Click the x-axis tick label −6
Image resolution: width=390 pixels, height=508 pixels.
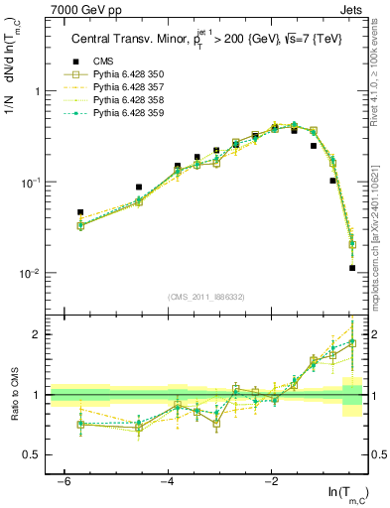tap(64, 481)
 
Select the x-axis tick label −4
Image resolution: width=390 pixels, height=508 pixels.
tap(168, 481)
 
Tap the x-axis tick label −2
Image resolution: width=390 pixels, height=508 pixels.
tap(272, 481)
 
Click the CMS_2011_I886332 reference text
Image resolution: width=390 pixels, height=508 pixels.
tap(208, 297)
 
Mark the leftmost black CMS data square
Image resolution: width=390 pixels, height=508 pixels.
tap(80, 212)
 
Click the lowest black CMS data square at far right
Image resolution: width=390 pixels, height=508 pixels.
tap(352, 268)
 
